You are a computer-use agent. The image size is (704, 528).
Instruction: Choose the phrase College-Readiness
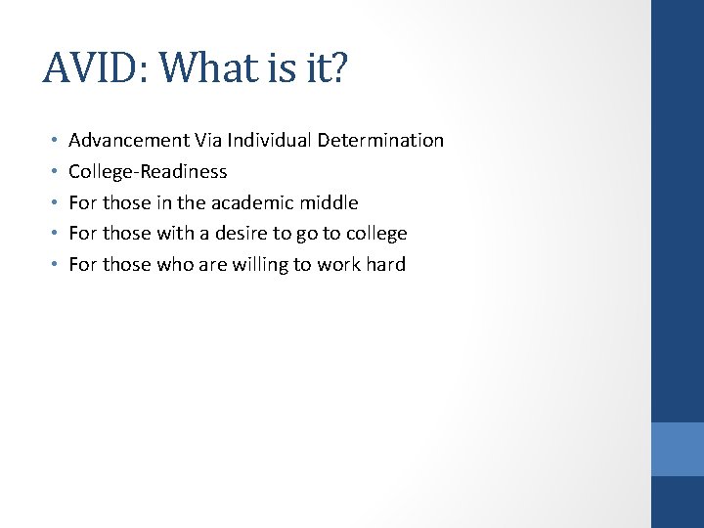148,171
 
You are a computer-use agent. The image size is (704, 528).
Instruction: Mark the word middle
330,202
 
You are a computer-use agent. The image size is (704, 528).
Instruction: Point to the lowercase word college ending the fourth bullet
376,234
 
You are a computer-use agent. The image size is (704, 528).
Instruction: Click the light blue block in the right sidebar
678,449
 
